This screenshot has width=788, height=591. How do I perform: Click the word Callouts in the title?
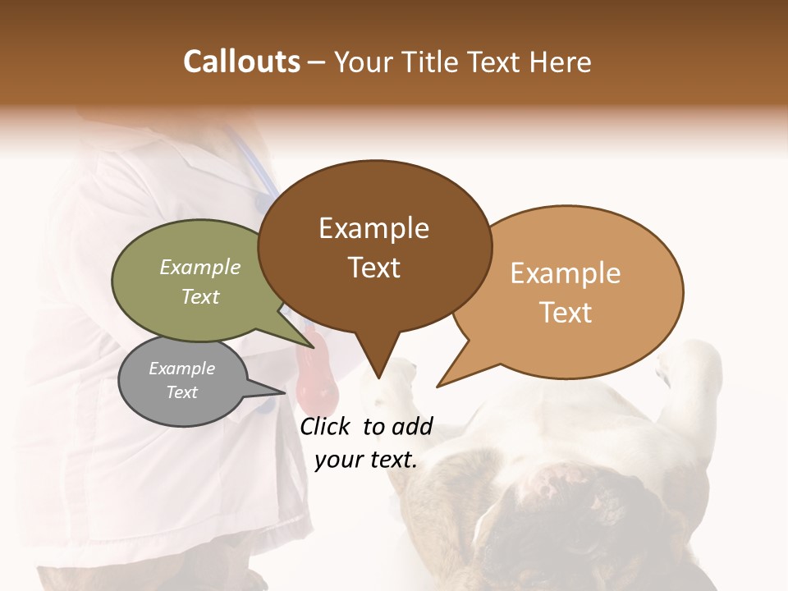(241, 62)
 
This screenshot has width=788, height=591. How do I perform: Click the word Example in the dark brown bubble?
(373, 228)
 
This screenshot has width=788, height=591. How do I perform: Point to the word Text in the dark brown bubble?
(373, 268)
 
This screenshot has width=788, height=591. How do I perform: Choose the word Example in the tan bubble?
(566, 273)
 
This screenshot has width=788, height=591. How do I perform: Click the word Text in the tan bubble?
(566, 313)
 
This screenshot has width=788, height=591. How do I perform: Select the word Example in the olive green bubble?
(200, 268)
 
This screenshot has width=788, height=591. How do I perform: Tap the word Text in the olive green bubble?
(200, 296)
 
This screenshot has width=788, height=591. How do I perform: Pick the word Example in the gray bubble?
(181, 369)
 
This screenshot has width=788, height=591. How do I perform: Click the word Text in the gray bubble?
(181, 392)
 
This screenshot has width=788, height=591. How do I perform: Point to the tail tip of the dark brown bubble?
(378, 378)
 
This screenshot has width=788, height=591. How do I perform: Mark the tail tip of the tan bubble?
(438, 386)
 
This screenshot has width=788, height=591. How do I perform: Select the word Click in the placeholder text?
(326, 426)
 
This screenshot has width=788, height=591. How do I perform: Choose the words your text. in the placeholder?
(366, 460)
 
